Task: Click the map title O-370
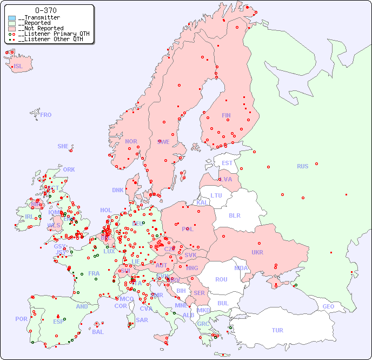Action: click(x=45, y=10)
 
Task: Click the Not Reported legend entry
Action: click(x=41, y=28)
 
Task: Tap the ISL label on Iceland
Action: click(x=18, y=67)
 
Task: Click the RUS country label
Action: click(x=302, y=166)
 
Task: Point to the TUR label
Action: click(x=277, y=330)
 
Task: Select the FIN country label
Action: click(x=226, y=115)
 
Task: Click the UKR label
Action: click(x=257, y=252)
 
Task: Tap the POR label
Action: click(x=21, y=319)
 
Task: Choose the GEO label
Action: click(x=328, y=306)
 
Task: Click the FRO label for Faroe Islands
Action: click(x=46, y=115)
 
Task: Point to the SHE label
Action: click(x=63, y=146)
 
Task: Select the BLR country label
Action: click(x=234, y=215)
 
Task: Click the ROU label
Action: click(x=221, y=279)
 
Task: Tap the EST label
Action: click(x=227, y=163)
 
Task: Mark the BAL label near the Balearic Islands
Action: click(x=98, y=332)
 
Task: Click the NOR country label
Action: click(x=131, y=141)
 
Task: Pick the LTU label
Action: click(x=216, y=195)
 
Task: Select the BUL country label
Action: click(x=223, y=303)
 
